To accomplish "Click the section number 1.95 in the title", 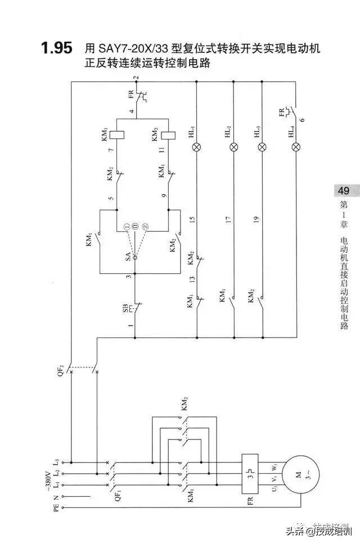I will tap(56, 48).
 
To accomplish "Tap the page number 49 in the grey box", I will tap(344, 191).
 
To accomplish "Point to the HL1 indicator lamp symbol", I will tap(196, 147).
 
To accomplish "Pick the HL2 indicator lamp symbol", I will tap(233, 147).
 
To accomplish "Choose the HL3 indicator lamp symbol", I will tap(263, 147).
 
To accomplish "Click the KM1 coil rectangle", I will tap(116, 134).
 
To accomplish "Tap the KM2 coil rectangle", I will tap(169, 134).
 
